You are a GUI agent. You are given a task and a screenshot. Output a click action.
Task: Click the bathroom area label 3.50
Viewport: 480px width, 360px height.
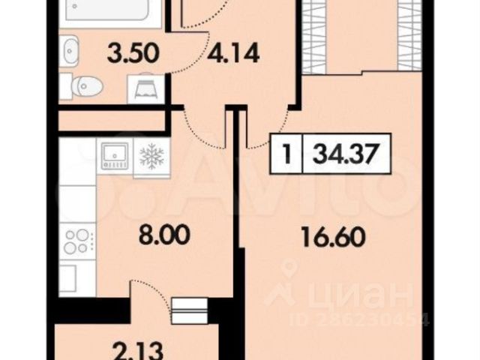tap(133, 53)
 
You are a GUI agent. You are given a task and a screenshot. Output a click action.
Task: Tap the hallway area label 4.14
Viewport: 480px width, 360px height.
tap(233, 53)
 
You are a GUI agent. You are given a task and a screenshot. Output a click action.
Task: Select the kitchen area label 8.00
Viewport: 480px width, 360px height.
tap(164, 235)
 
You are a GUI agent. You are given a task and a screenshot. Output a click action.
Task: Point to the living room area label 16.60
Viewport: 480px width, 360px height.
tap(333, 237)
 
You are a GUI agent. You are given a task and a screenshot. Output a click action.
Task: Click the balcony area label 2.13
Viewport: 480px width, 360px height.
tap(136, 352)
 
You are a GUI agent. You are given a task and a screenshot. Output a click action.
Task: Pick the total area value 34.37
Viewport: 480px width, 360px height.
tap(344, 153)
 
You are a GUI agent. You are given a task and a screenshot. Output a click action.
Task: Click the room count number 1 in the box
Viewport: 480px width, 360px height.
tap(286, 153)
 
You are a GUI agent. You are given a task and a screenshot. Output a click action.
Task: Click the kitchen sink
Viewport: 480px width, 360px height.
tap(115, 156)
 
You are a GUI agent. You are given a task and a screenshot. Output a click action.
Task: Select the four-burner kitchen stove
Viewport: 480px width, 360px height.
tap(77, 241)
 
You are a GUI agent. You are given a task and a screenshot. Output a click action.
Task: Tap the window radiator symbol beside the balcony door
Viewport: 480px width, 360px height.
tap(190, 310)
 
